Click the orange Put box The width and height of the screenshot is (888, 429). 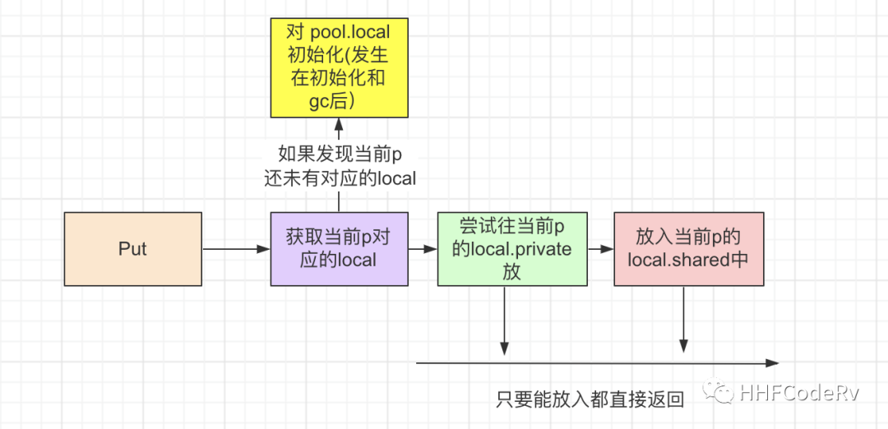point(132,249)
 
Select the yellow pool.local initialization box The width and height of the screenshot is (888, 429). point(339,67)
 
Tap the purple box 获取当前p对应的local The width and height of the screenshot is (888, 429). point(339,249)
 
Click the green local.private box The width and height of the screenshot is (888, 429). point(511,249)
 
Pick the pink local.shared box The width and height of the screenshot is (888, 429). point(688,249)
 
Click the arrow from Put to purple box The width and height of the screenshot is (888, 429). point(236,249)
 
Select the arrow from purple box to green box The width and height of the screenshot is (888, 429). point(423,249)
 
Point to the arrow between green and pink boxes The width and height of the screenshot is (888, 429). point(600,249)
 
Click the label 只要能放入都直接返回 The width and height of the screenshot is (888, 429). point(590,400)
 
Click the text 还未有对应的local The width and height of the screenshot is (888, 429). point(339,178)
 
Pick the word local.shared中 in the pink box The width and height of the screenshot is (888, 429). point(688,259)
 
